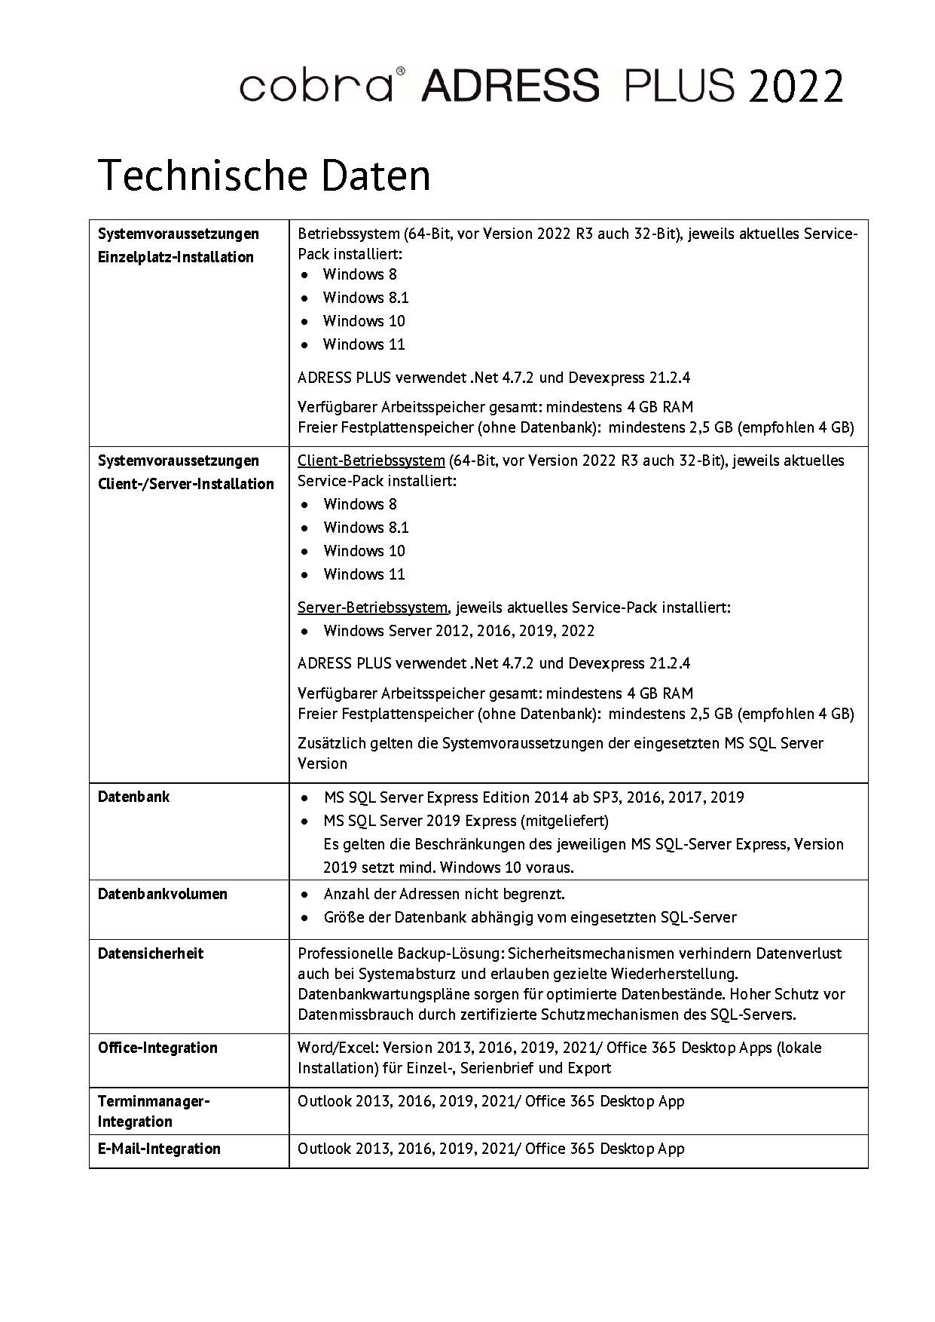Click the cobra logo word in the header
pyautogui.click(x=316, y=86)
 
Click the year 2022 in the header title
pyautogui.click(x=795, y=86)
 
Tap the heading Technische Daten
pyautogui.click(x=264, y=175)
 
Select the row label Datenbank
pyautogui.click(x=134, y=797)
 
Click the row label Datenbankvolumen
pyautogui.click(x=163, y=894)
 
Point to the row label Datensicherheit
pyautogui.click(x=151, y=953)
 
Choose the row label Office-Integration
pyautogui.click(x=157, y=1048)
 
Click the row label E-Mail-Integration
pyautogui.click(x=160, y=1149)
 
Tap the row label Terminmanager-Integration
pyautogui.click(x=154, y=1111)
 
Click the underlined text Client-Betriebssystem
pyautogui.click(x=371, y=461)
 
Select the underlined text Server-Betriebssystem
pyautogui.click(x=372, y=607)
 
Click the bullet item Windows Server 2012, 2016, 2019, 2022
pyautogui.click(x=459, y=631)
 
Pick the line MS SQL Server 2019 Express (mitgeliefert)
pyautogui.click(x=466, y=820)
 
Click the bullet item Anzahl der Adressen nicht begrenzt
pyautogui.click(x=444, y=894)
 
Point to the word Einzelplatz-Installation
pyautogui.click(x=176, y=257)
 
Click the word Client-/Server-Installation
pyautogui.click(x=186, y=484)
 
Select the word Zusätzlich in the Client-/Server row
pyautogui.click(x=331, y=743)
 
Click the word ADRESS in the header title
pyautogui.click(x=511, y=86)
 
